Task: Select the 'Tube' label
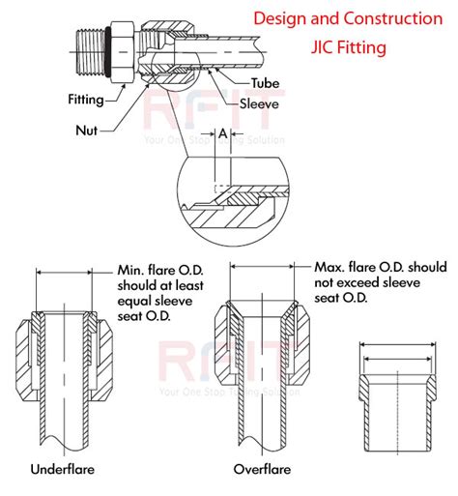(x=265, y=84)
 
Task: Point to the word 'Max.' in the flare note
(x=330, y=265)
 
